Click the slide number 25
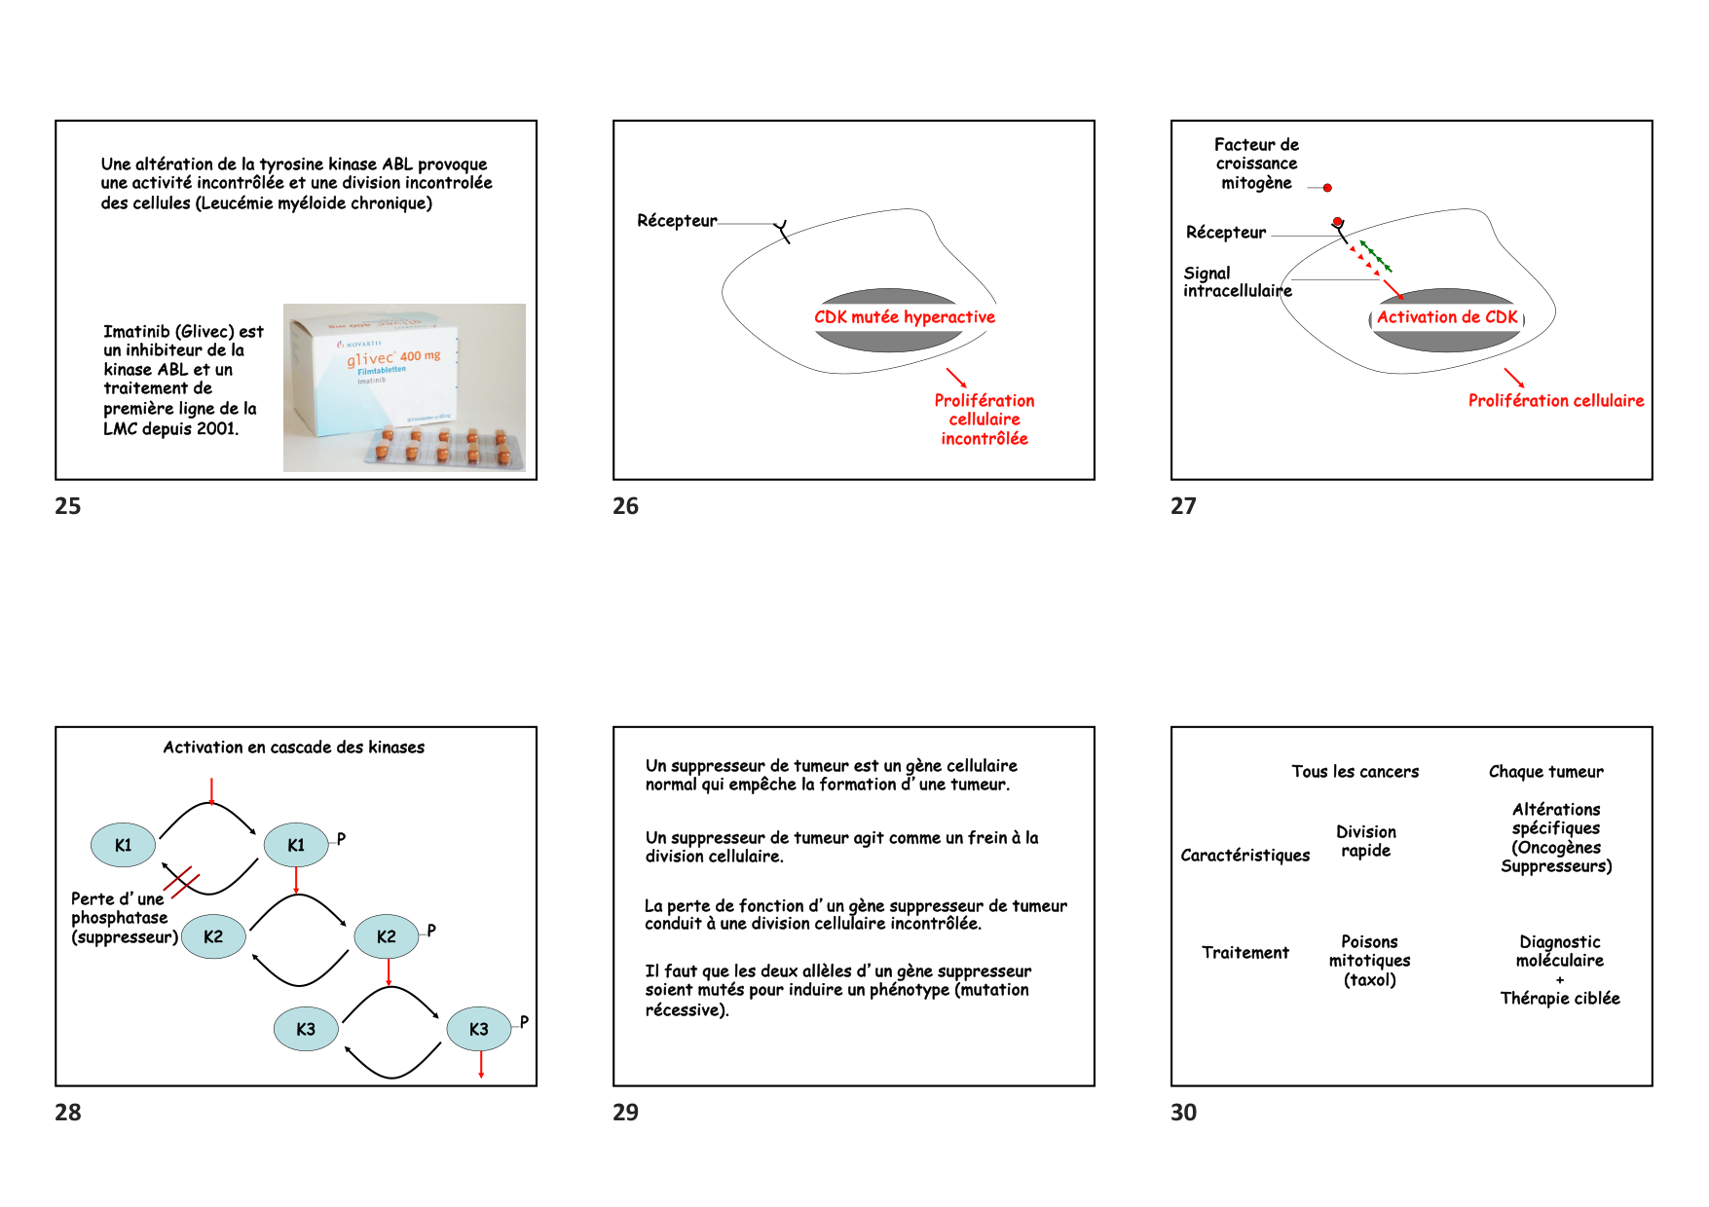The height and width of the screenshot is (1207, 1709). point(68,506)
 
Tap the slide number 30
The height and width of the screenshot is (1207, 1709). point(1183,1113)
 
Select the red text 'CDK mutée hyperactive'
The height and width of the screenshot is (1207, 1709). point(905,317)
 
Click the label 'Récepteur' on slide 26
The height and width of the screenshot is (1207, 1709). point(677,221)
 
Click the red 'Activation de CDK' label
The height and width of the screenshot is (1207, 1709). point(1446,317)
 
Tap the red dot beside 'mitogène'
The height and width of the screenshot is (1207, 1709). point(1327,188)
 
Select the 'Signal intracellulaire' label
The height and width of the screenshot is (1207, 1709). point(1236,282)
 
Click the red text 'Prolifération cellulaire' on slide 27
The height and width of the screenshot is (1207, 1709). point(1555,401)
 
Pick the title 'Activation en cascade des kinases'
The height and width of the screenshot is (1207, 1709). point(293,748)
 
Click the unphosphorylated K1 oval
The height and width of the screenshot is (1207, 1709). point(123,845)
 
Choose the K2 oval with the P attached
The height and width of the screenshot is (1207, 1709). point(387,936)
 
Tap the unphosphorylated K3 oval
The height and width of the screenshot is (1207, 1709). point(306,1029)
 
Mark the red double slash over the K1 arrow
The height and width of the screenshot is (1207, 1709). point(182,882)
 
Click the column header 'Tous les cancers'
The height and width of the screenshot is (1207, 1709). point(1355,772)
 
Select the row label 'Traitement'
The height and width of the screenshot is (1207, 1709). point(1245,953)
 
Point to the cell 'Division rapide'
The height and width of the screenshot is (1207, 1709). point(1365,841)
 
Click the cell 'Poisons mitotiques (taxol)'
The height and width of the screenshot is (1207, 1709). point(1369,961)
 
